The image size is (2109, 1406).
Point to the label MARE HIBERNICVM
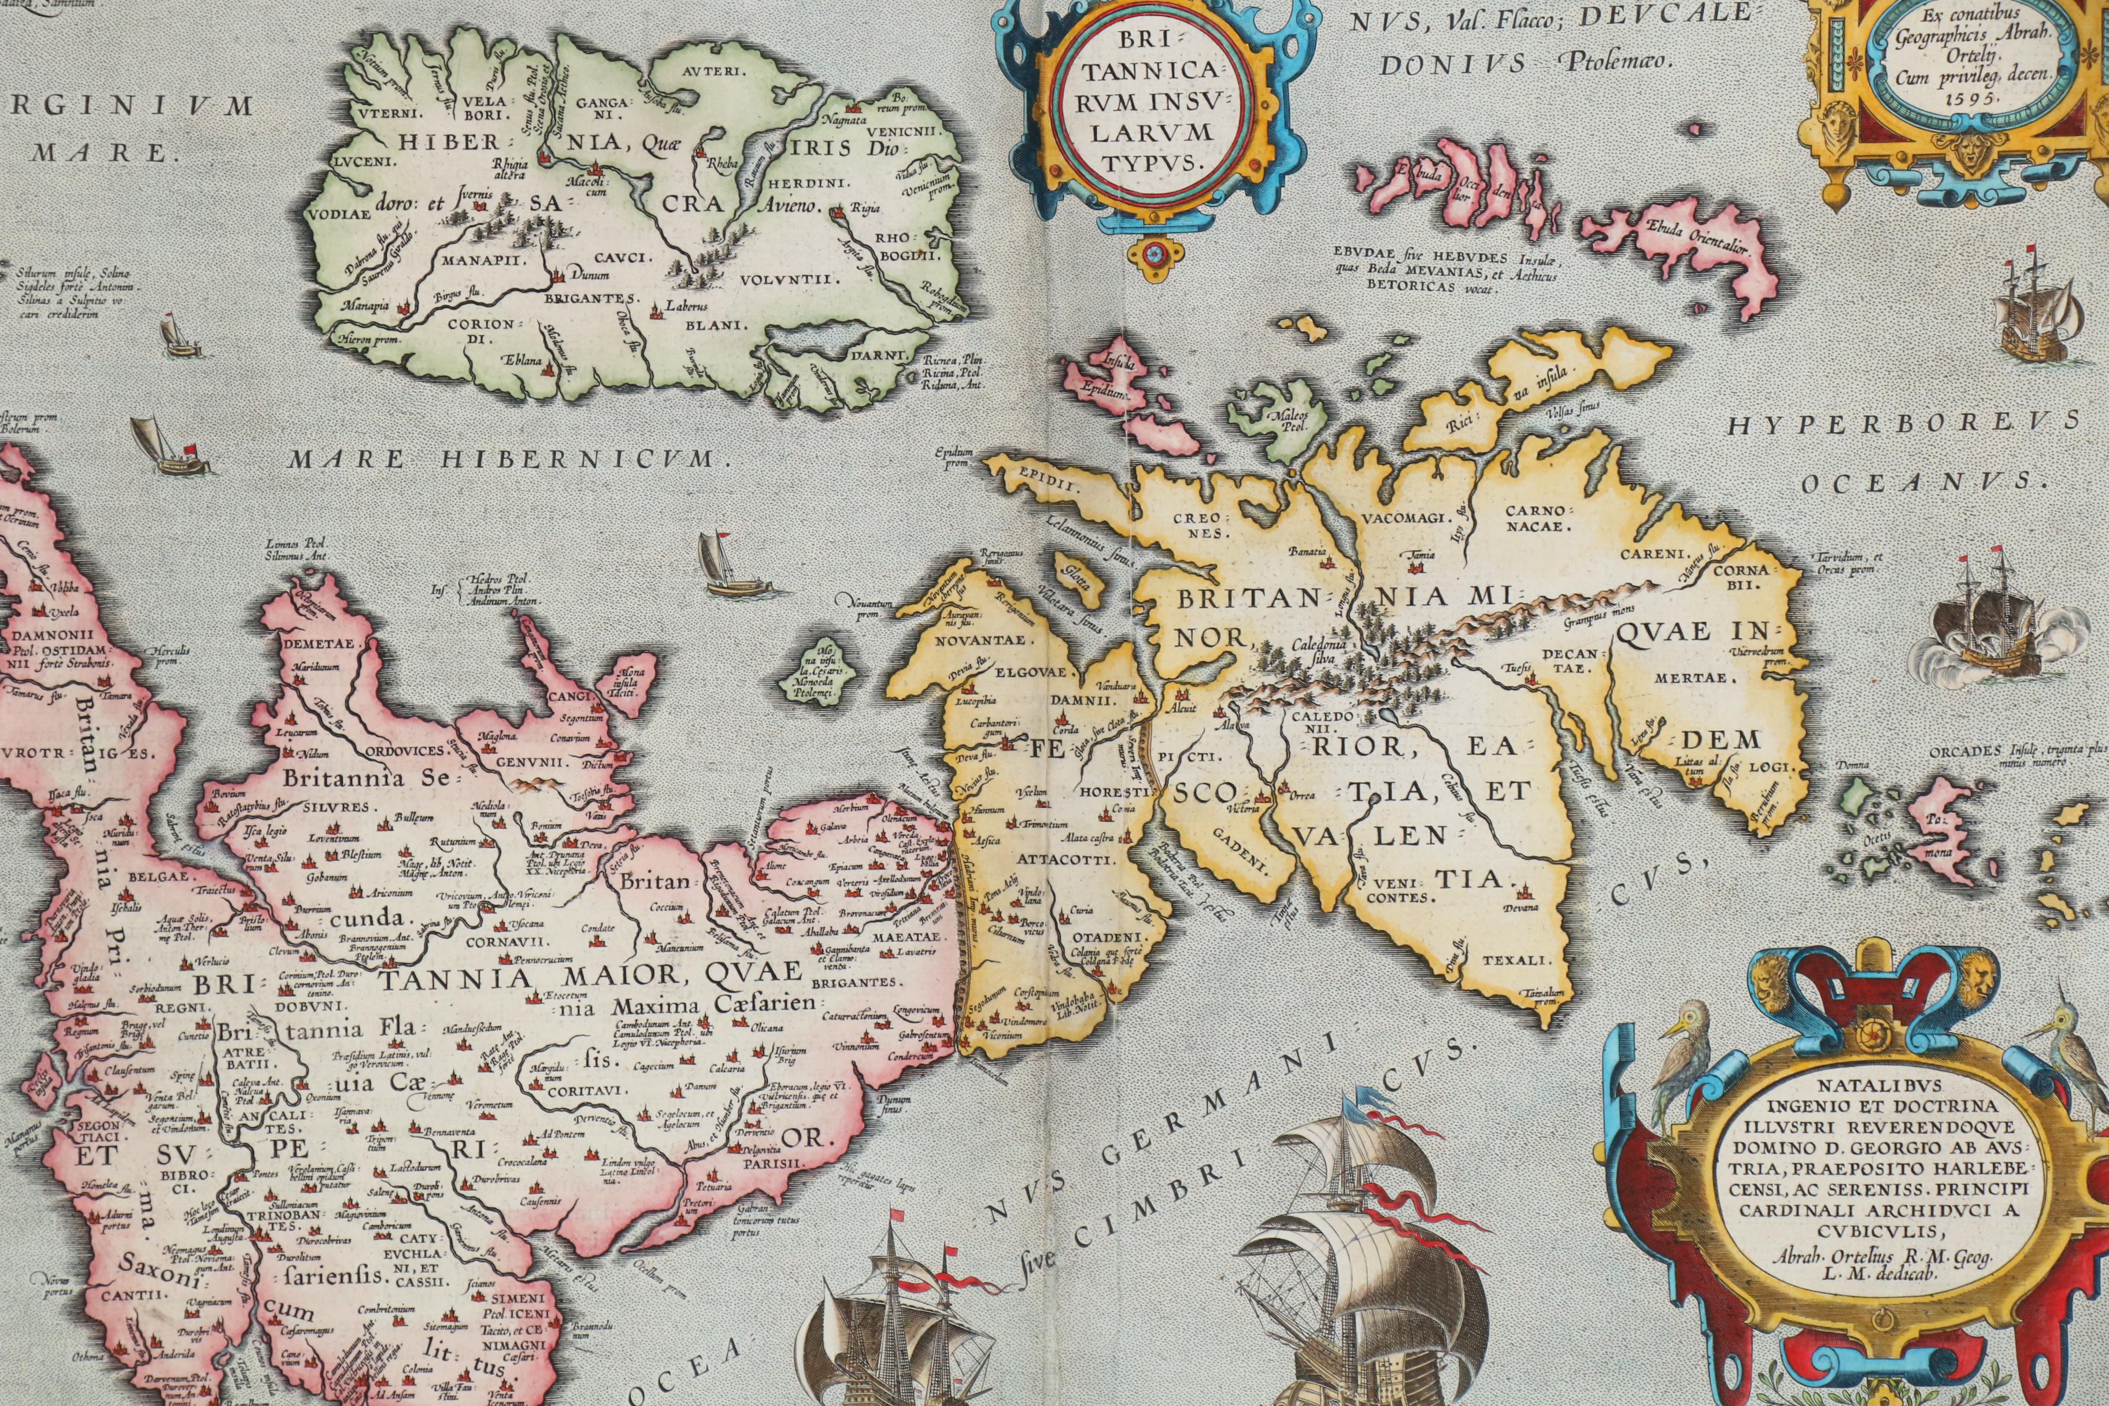click(x=505, y=460)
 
